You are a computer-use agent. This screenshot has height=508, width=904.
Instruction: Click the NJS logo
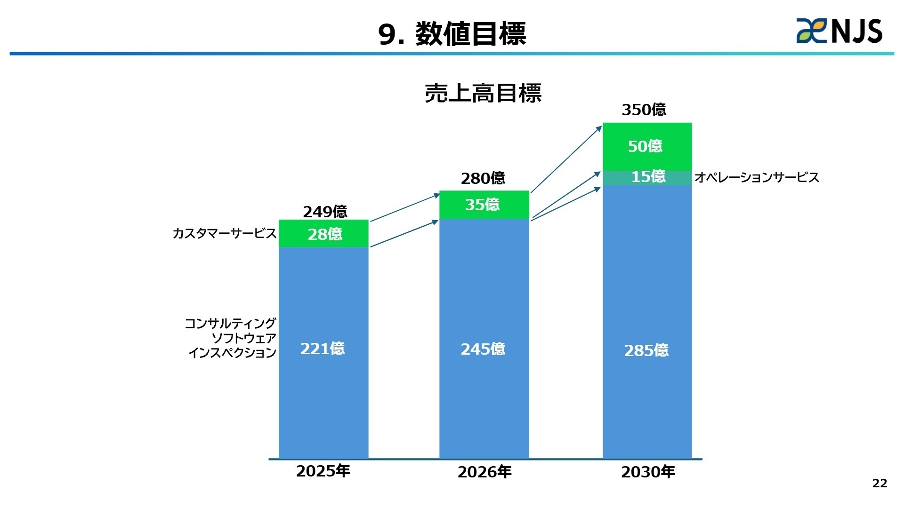(839, 31)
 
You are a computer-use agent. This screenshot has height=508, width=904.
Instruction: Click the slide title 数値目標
(452, 34)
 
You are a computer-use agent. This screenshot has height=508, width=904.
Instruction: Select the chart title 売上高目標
(483, 93)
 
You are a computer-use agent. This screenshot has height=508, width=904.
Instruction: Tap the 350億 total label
(644, 110)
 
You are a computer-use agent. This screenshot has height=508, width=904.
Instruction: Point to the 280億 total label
(483, 178)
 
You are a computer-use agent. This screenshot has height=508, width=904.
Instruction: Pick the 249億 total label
(325, 212)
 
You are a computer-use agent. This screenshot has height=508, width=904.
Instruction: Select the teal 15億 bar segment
(648, 177)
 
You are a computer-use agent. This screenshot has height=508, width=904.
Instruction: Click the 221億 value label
(323, 349)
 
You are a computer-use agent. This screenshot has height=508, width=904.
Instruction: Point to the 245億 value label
(483, 349)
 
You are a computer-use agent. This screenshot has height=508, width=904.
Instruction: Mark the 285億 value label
(646, 350)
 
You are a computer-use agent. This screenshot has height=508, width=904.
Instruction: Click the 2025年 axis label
(323, 471)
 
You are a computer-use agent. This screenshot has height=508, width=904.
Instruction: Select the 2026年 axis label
(484, 472)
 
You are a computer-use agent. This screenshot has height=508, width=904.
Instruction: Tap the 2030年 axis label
(648, 472)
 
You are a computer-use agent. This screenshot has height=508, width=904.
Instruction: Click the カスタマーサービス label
(224, 233)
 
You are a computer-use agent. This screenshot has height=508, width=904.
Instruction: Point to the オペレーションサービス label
(757, 177)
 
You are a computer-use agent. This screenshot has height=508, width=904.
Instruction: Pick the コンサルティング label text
(230, 323)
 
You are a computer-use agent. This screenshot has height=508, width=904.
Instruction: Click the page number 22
(880, 483)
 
